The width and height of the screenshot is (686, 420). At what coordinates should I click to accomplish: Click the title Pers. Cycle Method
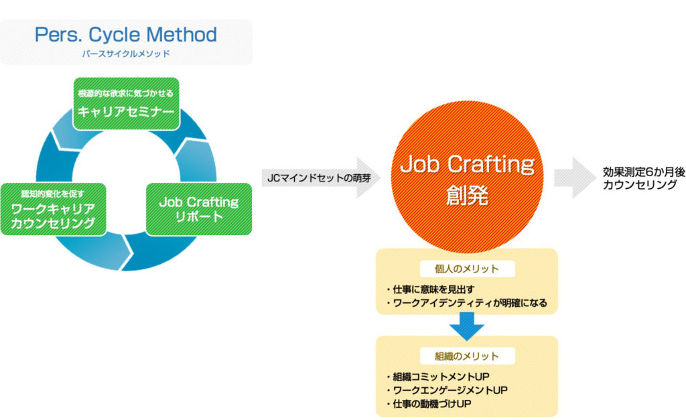tap(126, 35)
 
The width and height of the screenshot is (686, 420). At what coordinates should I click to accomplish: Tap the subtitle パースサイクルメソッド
tap(126, 53)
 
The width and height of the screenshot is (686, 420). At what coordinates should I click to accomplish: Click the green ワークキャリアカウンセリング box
tap(53, 209)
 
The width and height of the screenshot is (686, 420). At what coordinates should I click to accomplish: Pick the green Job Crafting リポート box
tap(198, 209)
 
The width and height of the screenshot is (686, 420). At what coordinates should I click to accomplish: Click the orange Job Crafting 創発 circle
tap(467, 178)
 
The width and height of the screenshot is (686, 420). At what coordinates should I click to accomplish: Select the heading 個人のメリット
tap(468, 269)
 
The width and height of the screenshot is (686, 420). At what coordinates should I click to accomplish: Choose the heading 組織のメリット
tap(468, 356)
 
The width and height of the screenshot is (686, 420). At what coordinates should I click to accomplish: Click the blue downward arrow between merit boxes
tap(467, 326)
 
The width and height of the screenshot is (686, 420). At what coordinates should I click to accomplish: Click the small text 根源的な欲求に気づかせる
tap(126, 93)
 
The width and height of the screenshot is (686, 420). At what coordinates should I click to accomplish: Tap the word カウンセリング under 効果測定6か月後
tap(640, 186)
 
